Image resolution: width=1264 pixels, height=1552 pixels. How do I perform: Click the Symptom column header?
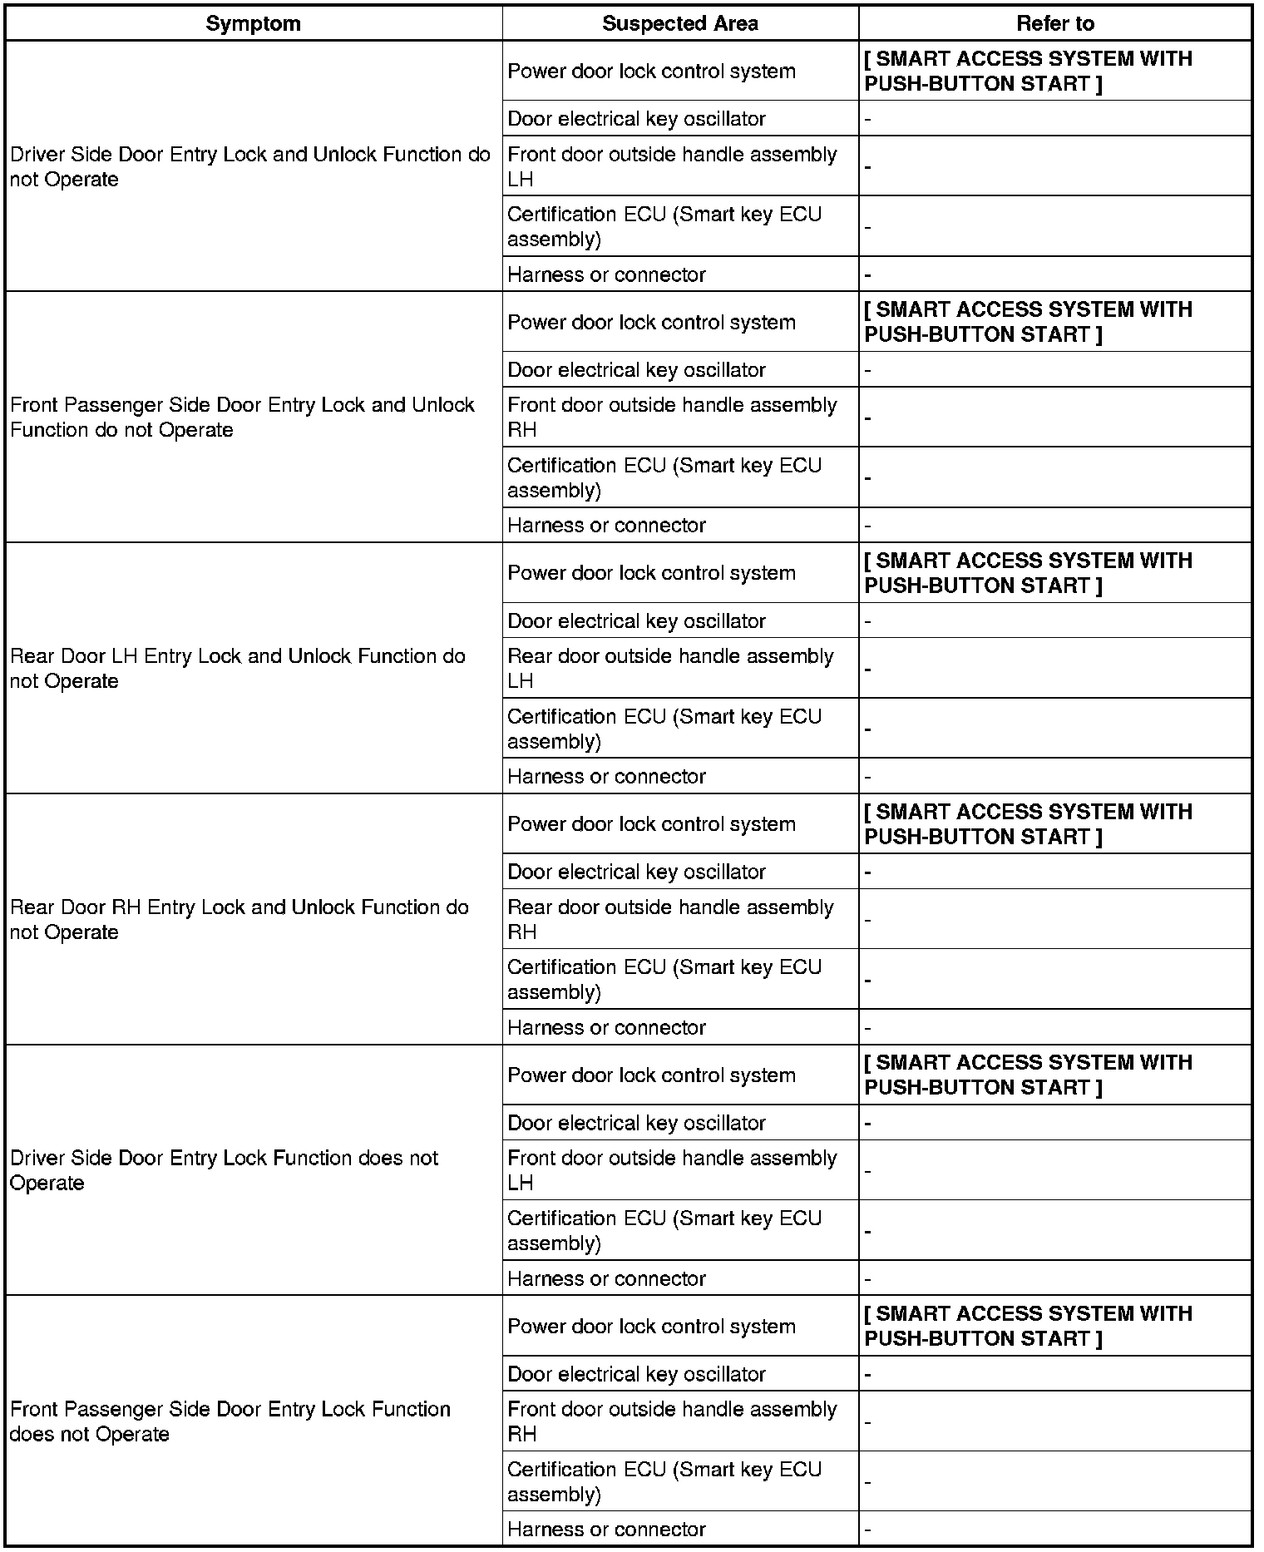[x=253, y=23]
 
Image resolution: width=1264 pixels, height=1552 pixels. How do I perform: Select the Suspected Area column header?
[x=679, y=23]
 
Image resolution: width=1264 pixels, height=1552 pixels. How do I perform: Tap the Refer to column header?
[x=1054, y=23]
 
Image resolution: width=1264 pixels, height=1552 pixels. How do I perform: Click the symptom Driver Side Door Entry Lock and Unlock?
[x=249, y=166]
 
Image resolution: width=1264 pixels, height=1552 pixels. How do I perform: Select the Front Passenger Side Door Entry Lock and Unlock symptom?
[x=242, y=418]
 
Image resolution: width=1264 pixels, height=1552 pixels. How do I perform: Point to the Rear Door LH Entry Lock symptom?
[x=238, y=669]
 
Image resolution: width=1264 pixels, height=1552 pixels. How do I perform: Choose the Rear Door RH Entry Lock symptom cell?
[x=239, y=919]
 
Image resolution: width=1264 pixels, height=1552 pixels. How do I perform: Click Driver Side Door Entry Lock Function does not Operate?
[x=224, y=1170]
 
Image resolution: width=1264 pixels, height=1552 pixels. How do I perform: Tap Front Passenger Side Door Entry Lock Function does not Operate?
[x=230, y=1421]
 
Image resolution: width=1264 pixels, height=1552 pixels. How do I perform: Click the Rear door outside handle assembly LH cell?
[x=670, y=669]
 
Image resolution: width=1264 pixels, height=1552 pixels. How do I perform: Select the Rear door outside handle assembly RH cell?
[x=670, y=919]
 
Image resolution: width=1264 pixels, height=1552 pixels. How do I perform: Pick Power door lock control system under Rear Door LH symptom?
[x=651, y=573]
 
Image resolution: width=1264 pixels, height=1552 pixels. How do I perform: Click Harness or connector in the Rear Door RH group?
[x=606, y=1027]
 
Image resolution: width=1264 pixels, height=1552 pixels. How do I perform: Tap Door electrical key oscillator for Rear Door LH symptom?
[x=636, y=621]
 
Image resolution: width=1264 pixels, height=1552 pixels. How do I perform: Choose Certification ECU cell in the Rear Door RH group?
[x=664, y=979]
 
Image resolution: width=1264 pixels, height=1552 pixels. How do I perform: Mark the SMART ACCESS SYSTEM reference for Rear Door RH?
[x=1028, y=824]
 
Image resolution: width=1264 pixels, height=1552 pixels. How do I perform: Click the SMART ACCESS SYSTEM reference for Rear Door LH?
[x=1028, y=573]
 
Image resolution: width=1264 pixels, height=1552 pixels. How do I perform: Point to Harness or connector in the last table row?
[x=606, y=1529]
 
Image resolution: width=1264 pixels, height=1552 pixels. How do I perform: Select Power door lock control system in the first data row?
[x=651, y=72]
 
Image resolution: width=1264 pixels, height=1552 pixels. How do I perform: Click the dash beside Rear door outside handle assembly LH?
[x=867, y=669]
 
